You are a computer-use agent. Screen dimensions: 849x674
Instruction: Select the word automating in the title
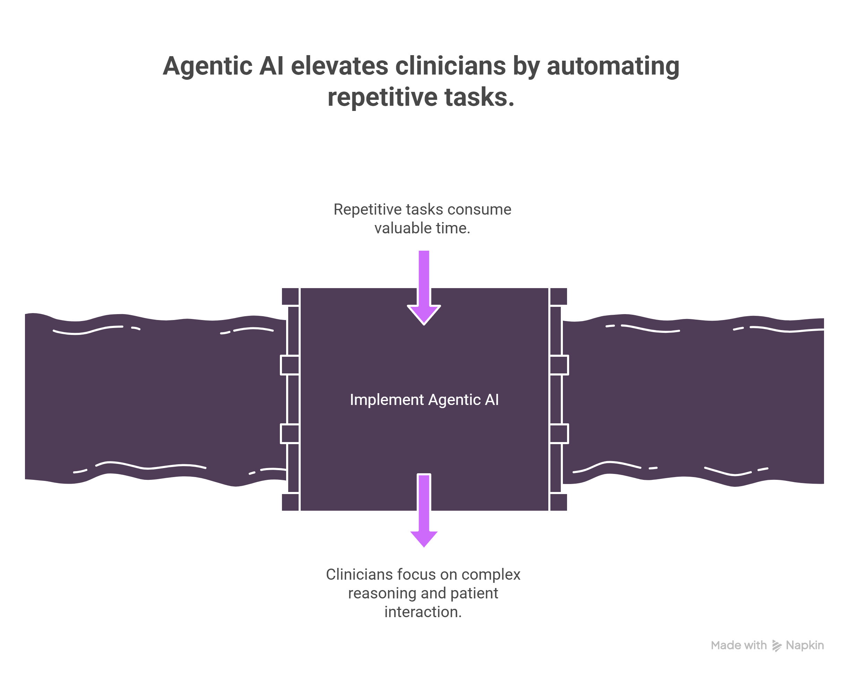click(613, 66)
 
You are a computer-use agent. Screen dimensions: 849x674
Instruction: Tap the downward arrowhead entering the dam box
click(424, 315)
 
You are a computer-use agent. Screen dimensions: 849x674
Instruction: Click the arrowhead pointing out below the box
click(424, 538)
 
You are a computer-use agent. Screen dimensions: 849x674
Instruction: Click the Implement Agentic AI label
click(424, 400)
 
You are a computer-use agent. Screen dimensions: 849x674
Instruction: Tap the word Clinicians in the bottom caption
click(359, 574)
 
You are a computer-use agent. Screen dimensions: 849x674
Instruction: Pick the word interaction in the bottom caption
click(423, 612)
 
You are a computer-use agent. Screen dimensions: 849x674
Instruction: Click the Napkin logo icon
click(776, 646)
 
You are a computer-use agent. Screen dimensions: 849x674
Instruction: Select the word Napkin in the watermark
click(805, 646)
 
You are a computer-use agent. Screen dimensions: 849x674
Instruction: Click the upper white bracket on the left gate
click(290, 365)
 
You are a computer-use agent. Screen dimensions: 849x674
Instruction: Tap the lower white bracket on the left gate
click(290, 434)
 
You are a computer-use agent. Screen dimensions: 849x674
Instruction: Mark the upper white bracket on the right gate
click(559, 365)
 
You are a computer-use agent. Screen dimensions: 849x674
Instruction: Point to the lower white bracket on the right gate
click(559, 434)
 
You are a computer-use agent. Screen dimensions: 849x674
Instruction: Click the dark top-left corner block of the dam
click(290, 296)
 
